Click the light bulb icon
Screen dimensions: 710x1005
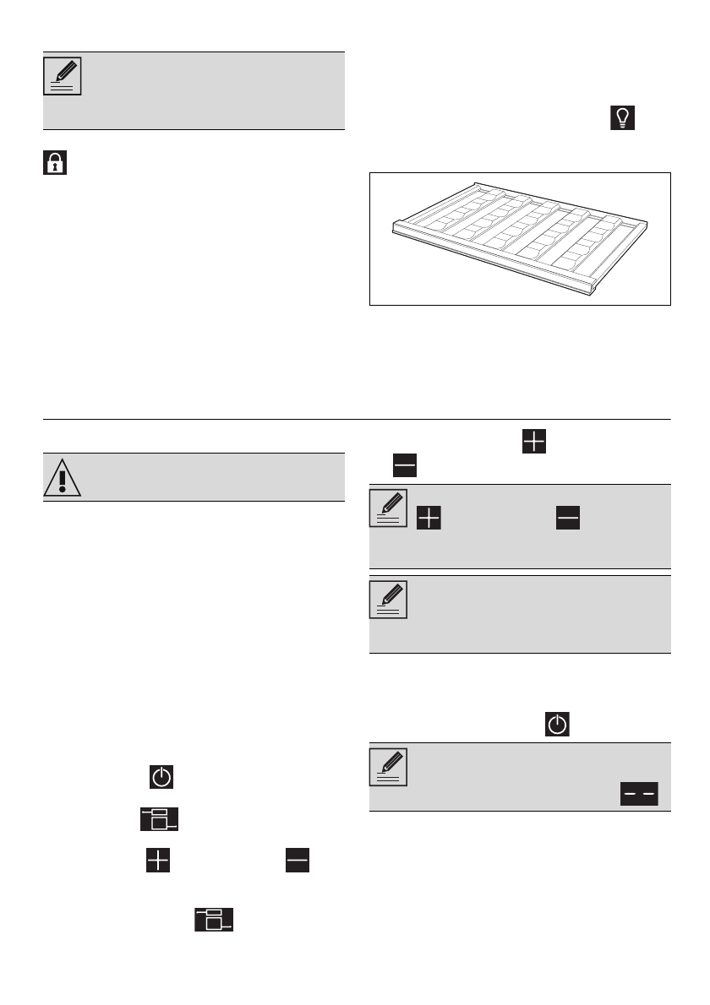(620, 118)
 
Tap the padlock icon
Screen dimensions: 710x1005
(54, 163)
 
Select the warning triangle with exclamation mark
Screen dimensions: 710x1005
(63, 478)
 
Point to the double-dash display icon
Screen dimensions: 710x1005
(640, 793)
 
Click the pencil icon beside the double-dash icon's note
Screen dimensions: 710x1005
(390, 767)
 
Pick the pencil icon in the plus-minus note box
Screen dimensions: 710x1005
(390, 508)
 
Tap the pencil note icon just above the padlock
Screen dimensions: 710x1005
(63, 76)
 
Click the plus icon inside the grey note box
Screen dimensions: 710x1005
(429, 519)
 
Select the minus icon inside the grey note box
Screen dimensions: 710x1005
(568, 519)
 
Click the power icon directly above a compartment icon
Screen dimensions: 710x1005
(161, 776)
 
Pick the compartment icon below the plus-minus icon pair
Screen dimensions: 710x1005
(215, 920)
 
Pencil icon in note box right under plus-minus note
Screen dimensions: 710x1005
(390, 600)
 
